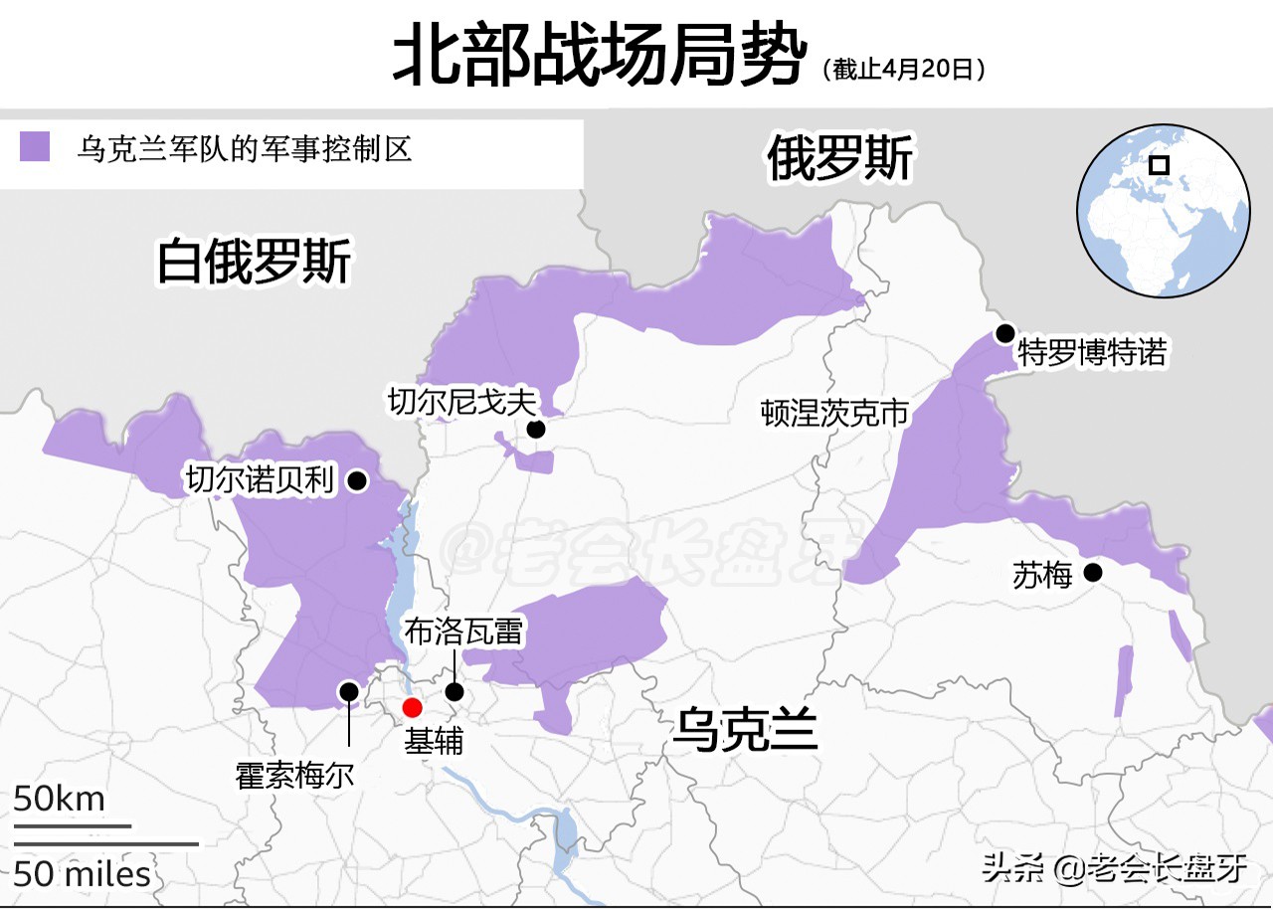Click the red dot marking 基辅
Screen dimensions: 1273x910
(x=412, y=708)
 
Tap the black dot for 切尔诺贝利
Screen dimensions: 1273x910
(x=356, y=481)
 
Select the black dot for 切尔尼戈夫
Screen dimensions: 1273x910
(x=536, y=429)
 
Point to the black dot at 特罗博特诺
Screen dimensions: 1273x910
(x=1005, y=333)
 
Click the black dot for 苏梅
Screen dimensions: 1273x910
(x=1093, y=572)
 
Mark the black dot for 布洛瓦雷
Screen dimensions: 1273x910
(x=455, y=692)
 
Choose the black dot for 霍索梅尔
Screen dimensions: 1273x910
(x=349, y=691)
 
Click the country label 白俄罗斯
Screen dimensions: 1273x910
(x=255, y=263)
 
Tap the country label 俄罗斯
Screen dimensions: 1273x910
(x=839, y=159)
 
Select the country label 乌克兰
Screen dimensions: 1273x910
(x=745, y=730)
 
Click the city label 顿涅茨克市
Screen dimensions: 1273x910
(x=835, y=413)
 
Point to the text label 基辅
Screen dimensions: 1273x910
(x=434, y=741)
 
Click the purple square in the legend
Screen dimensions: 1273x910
(x=35, y=146)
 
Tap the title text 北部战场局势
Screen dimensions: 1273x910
(x=596, y=57)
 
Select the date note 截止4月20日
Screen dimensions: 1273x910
(x=904, y=70)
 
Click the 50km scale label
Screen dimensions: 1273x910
(x=59, y=799)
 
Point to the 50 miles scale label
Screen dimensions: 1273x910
(x=83, y=874)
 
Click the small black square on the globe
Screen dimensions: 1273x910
(x=1159, y=165)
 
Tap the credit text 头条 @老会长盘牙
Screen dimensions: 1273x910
(x=1114, y=868)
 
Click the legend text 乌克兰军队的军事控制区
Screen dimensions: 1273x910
(x=245, y=149)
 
